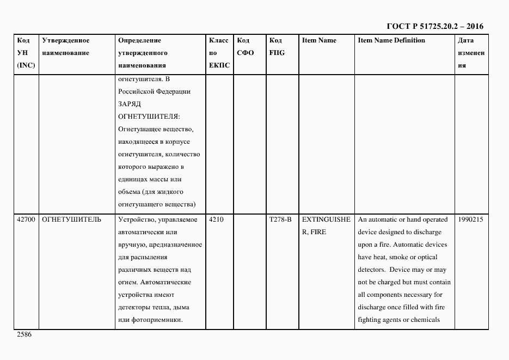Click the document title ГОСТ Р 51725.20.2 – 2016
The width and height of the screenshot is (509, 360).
coord(434,26)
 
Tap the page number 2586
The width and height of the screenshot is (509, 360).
coord(24,334)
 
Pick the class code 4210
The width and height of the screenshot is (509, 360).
coord(216,219)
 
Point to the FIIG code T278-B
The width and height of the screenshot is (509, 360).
coord(280,219)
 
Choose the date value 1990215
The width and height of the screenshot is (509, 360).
coord(471,219)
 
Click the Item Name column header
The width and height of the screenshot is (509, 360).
coord(319,40)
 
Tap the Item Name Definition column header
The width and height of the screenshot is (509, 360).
coord(391,40)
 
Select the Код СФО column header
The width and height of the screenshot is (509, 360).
coord(245,47)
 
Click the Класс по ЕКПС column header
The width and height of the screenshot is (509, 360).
coord(219,53)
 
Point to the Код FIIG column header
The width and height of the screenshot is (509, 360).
coord(277,47)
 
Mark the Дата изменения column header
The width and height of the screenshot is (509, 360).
coord(471,53)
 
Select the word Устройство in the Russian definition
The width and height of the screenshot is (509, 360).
coord(136,219)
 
